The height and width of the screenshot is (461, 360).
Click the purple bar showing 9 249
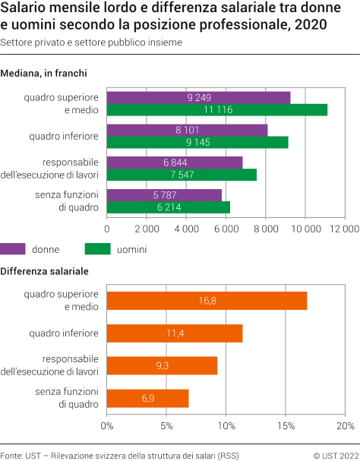point(198,97)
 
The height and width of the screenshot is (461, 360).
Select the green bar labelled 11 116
point(216,109)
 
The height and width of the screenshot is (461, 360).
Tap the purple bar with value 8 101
point(187,130)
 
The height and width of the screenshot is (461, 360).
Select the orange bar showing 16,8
point(207,301)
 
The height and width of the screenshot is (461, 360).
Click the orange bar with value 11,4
point(175,333)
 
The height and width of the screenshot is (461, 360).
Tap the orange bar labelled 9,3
point(162,365)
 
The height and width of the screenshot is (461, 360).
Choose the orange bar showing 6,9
point(147,398)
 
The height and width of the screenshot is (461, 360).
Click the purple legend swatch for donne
point(12,248)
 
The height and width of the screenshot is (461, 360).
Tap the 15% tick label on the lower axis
point(286,425)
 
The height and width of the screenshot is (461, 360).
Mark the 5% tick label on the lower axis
point(166,425)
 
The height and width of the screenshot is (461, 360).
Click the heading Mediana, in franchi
point(43,74)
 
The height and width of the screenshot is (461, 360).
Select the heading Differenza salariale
point(44,271)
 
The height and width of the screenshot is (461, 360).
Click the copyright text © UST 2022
point(335,454)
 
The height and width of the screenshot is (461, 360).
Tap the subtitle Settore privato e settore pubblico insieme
point(91,43)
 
